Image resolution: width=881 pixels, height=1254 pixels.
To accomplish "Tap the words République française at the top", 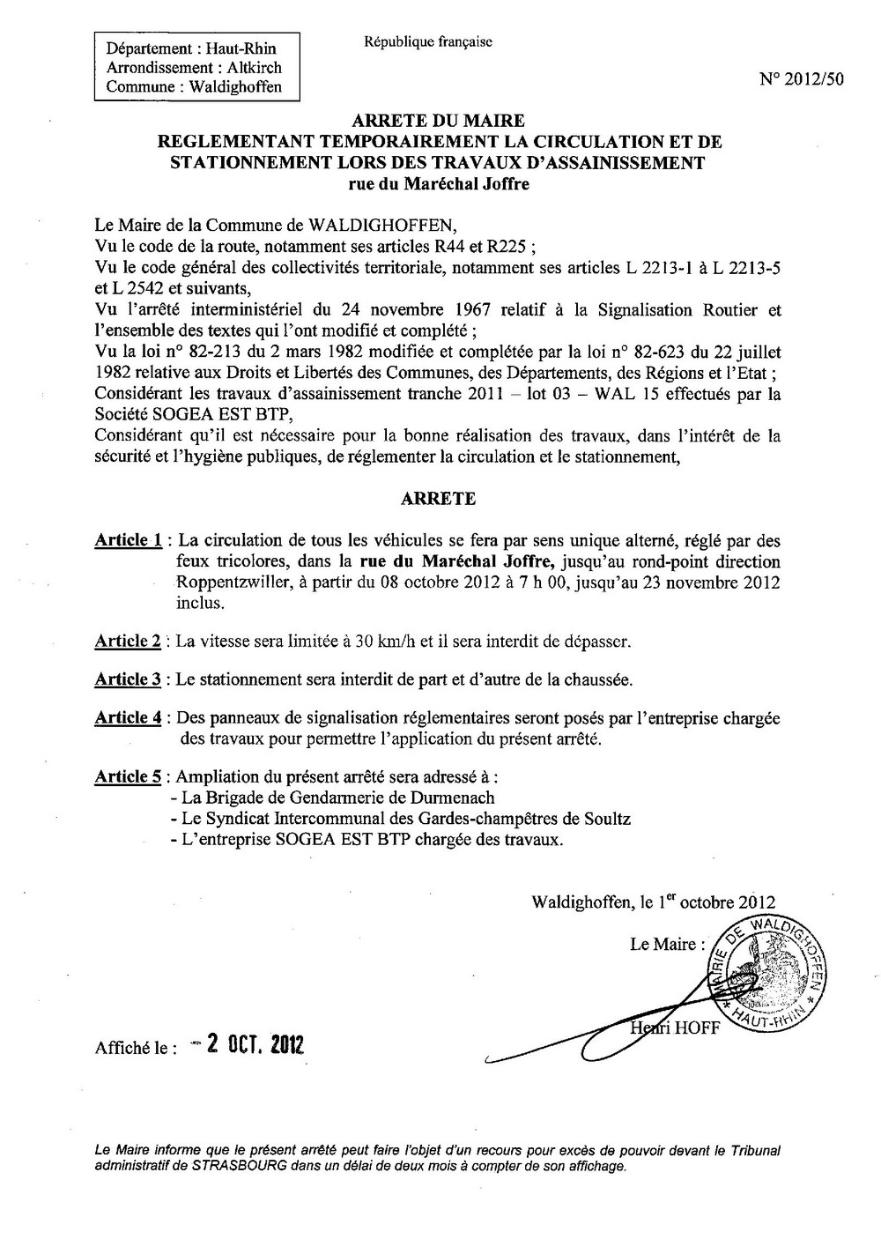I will coord(427,41).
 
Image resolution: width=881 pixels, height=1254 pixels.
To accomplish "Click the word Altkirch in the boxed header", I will coord(249,68).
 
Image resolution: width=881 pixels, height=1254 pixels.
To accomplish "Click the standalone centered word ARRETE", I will coord(438,499).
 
